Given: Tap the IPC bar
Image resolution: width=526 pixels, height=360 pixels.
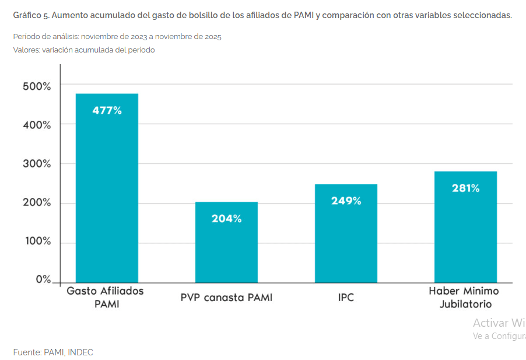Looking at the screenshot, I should (x=346, y=233).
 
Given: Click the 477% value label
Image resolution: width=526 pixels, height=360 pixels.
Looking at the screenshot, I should (x=107, y=111).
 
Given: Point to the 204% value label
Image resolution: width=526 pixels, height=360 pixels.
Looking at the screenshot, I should (x=226, y=219).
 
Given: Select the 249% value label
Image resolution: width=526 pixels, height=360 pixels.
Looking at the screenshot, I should (x=346, y=201).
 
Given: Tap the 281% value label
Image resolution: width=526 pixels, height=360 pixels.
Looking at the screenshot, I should (x=465, y=188).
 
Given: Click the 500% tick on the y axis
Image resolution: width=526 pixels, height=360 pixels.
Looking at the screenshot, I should (x=37, y=86).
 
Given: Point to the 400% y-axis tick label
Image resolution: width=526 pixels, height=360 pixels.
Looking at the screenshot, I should (x=37, y=125).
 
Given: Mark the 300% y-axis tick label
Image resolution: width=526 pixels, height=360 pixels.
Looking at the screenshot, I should (x=37, y=164).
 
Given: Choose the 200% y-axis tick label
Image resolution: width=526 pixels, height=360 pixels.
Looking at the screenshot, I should (x=37, y=203).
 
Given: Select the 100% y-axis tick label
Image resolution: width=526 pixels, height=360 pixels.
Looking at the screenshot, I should (x=37, y=242).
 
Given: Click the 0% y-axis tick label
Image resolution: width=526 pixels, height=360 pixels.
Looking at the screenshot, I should (x=43, y=279).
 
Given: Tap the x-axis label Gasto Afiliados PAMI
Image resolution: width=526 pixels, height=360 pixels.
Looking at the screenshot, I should (x=105, y=297).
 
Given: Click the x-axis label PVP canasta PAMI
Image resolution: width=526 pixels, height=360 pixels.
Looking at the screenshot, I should (x=226, y=298).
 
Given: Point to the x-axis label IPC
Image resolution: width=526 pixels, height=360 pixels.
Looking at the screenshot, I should (x=346, y=298).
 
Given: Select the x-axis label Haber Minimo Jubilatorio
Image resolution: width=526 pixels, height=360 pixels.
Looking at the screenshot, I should (x=464, y=297).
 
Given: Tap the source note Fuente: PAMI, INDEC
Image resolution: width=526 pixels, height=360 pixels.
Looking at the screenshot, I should (x=53, y=352).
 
